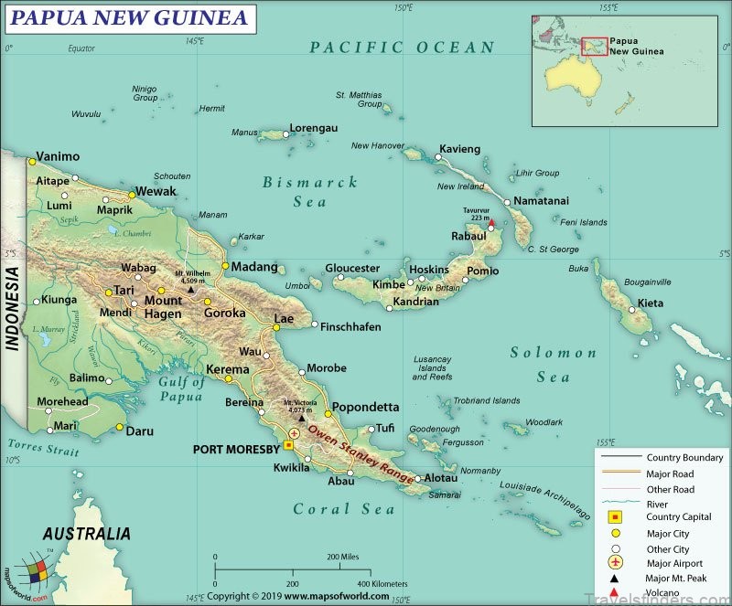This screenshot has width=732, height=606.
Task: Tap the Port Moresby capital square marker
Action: [x=288, y=445]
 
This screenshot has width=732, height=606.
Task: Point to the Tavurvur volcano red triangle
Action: [x=491, y=222]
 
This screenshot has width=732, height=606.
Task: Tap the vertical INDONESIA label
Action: [x=13, y=308]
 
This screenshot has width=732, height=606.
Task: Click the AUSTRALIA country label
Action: [x=87, y=533]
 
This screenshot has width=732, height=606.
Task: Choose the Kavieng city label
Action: [x=460, y=149]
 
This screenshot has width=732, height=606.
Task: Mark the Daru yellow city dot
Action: [x=119, y=427]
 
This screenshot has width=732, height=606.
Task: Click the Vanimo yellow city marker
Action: [x=31, y=162]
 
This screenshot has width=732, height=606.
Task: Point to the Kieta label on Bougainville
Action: [x=651, y=303]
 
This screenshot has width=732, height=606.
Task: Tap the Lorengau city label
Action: [x=314, y=128]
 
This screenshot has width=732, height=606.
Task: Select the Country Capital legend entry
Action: [x=678, y=516]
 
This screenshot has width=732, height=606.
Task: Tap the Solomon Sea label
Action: [x=554, y=364]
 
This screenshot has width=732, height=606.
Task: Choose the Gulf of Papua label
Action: [x=181, y=388]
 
